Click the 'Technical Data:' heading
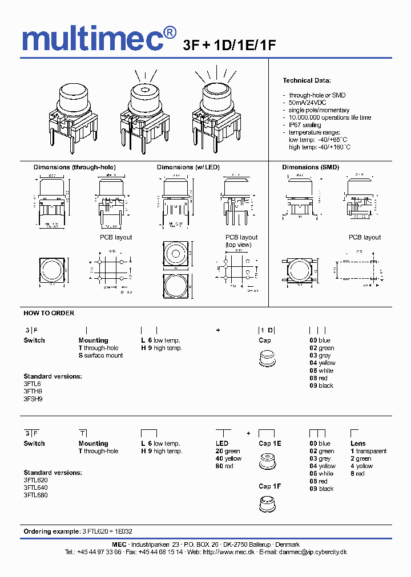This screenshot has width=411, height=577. [307, 80]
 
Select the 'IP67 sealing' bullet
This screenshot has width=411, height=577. [305, 125]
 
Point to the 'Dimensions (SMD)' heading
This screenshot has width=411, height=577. [311, 167]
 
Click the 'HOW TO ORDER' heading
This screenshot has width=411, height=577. [49, 313]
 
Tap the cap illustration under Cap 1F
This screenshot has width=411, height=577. [266, 503]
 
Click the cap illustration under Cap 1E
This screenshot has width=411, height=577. [266, 461]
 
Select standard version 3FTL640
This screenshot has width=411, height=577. [35, 487]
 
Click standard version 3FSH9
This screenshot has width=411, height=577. [33, 399]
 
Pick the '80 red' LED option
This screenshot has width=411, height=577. [224, 466]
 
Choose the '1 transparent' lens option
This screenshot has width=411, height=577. [368, 451]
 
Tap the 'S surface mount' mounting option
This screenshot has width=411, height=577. [100, 355]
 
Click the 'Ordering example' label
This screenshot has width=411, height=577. [51, 531]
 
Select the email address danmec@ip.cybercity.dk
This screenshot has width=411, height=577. [311, 552]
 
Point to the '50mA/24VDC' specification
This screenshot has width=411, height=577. [309, 103]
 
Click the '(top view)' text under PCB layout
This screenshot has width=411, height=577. [237, 245]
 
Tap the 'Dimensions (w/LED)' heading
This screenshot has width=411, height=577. [188, 167]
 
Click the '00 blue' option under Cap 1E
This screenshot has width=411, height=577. [320, 444]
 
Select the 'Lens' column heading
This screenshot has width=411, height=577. [358, 444]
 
